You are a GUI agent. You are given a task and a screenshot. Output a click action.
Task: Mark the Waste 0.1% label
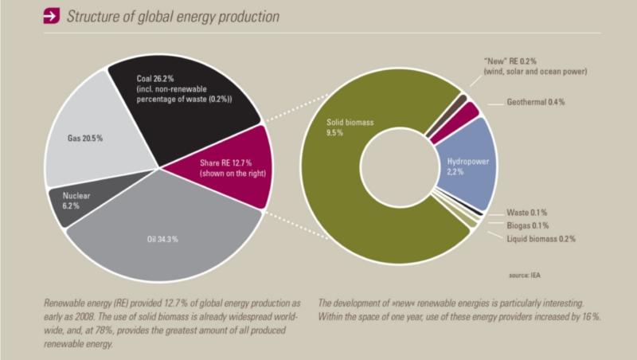pos(526,213)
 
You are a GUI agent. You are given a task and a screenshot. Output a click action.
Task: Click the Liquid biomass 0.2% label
pos(541,238)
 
